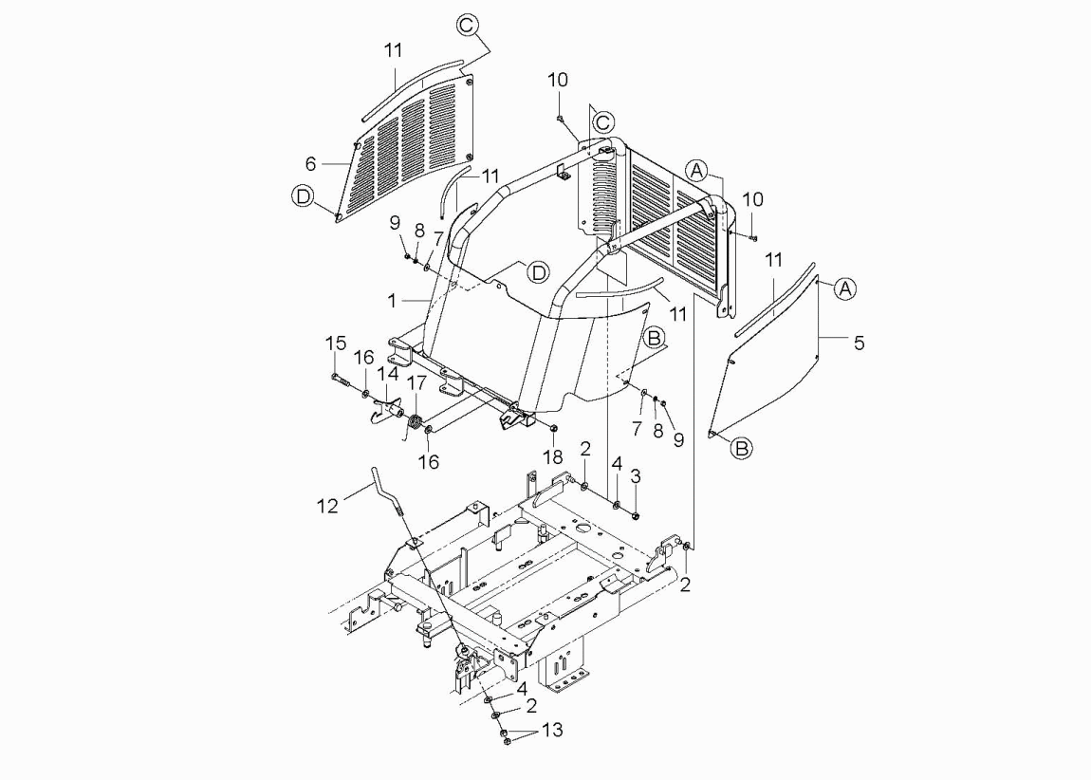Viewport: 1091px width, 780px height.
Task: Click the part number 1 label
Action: [x=393, y=301]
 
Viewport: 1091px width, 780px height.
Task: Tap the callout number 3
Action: [x=636, y=476]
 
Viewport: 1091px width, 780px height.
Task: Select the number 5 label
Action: [x=860, y=344]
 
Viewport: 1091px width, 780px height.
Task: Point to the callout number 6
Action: [x=311, y=163]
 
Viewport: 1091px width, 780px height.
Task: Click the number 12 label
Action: [x=327, y=506]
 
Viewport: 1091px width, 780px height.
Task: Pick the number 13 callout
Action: [x=552, y=730]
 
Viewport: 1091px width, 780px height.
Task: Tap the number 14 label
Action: [x=388, y=374]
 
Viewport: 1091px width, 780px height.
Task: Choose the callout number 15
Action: [x=336, y=344]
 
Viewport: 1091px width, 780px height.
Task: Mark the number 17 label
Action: [x=416, y=383]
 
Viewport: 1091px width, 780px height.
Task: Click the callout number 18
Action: [x=553, y=456]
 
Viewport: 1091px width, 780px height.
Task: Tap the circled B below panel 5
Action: [x=742, y=448]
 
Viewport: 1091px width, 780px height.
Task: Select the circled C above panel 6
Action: [x=469, y=25]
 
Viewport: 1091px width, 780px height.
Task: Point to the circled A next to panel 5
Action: [x=844, y=288]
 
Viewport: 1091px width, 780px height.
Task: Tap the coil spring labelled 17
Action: [x=416, y=422]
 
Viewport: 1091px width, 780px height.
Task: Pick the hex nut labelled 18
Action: [x=552, y=427]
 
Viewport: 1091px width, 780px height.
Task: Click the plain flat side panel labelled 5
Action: [x=766, y=355]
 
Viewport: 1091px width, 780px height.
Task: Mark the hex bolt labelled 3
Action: [x=636, y=515]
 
